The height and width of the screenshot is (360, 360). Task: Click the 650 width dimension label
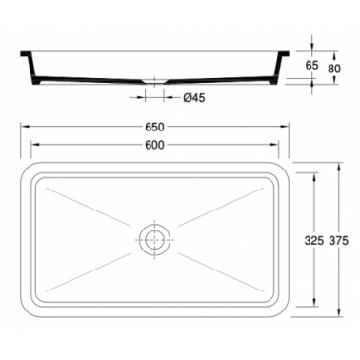154,127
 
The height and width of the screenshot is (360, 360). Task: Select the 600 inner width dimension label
154,145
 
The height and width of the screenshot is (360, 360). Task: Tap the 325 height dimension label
314,241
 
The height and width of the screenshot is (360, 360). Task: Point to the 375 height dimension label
338,241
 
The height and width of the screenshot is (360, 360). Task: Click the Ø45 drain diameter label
194,98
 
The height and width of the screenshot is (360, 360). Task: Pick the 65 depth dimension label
311,66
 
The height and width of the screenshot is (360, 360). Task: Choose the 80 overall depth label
334,69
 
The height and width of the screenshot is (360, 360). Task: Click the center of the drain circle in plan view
154,240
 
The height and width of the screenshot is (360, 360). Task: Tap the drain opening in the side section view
154,82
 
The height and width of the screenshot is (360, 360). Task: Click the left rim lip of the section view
26,54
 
